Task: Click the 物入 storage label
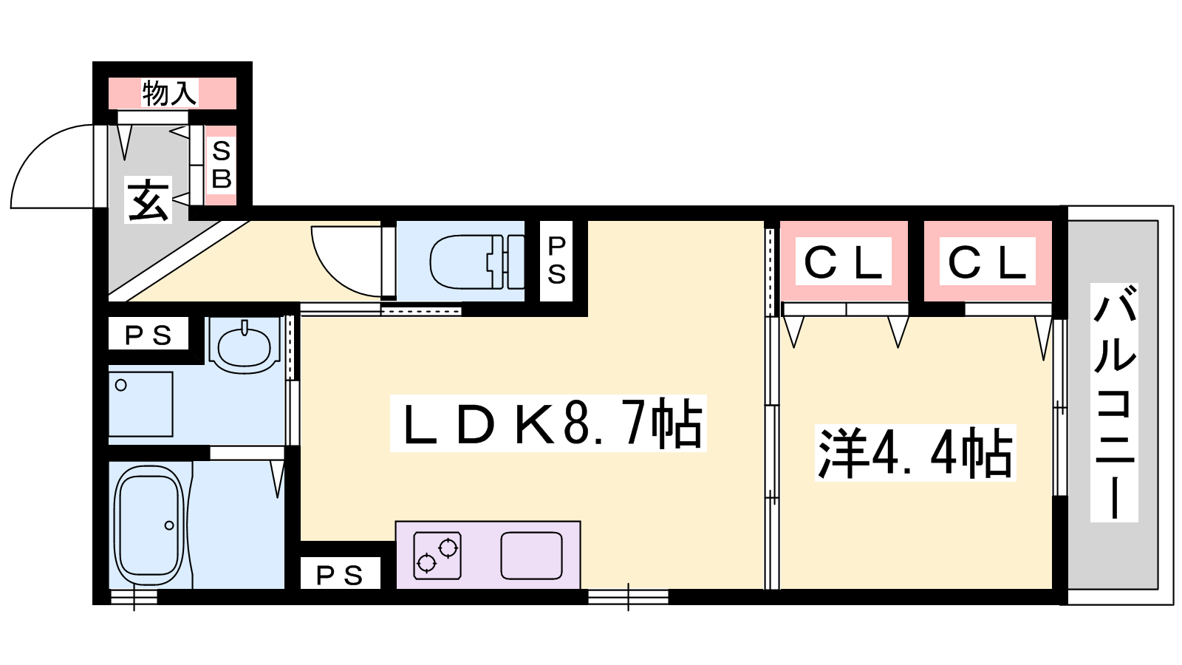(x=169, y=93)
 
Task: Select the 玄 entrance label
(x=148, y=200)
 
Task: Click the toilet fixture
(x=476, y=262)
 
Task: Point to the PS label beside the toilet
(x=557, y=261)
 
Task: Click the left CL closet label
(x=843, y=263)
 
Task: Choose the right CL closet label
(x=987, y=263)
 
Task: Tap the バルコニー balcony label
(x=1115, y=403)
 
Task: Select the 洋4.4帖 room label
(x=915, y=454)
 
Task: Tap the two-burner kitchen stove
(x=437, y=555)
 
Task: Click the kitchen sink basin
(x=531, y=555)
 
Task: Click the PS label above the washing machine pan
(x=148, y=335)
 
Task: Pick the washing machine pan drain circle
(x=121, y=385)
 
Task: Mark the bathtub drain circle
(x=169, y=525)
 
